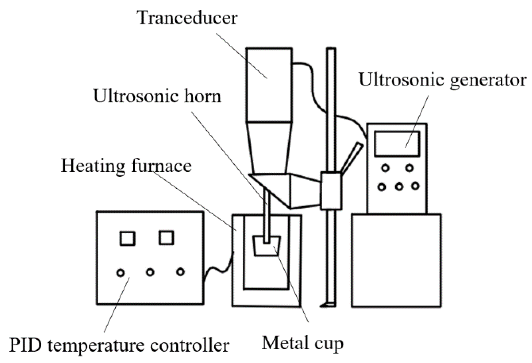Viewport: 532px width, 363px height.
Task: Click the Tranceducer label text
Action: coord(187,18)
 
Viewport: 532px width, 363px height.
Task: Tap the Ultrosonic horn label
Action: coord(157,96)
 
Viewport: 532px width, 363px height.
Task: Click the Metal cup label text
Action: coord(303,344)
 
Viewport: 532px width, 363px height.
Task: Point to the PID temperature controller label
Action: coord(119,346)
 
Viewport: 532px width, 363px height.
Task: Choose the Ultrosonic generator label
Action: coord(442,79)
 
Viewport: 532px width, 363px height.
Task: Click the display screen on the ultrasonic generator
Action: coord(397,144)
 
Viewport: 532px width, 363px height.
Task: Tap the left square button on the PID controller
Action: coord(127,239)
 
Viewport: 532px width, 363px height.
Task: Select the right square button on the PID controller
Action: coord(166,238)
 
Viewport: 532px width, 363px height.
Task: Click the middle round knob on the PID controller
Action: coord(150,272)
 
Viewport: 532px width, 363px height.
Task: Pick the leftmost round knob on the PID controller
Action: coord(120,273)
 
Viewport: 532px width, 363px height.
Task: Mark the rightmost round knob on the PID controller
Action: coord(180,272)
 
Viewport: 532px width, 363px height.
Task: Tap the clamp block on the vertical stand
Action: coord(331,191)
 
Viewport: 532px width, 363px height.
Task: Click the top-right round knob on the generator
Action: coord(410,168)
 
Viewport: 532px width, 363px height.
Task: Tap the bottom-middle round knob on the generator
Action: coord(399,186)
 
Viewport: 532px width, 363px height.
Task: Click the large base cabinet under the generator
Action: coord(396,260)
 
